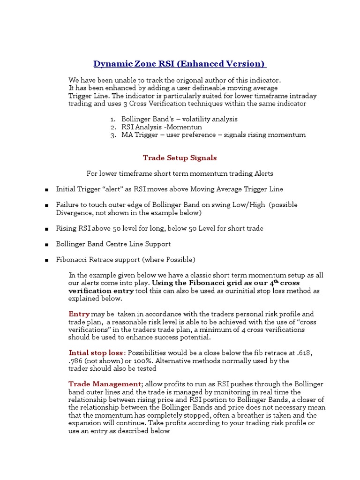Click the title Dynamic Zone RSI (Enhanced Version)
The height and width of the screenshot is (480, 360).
tap(180, 63)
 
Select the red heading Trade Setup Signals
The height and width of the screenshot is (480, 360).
tap(180, 158)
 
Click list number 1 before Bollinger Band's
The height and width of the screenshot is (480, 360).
tap(113, 120)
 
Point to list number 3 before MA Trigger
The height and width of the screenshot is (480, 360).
tap(113, 135)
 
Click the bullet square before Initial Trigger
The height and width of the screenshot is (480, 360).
tap(47, 190)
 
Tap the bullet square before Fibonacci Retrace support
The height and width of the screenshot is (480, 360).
tap(47, 260)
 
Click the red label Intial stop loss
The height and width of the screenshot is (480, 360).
tap(96, 352)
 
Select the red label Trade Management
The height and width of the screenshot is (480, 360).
tap(105, 384)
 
